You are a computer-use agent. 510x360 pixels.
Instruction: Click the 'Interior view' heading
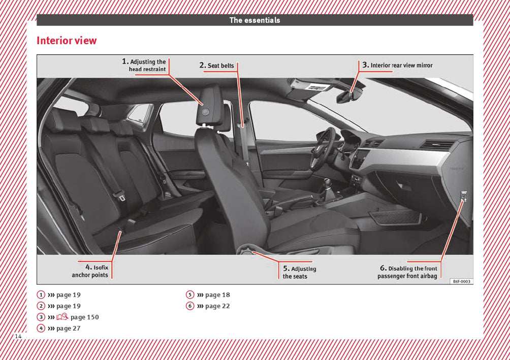tap(67, 41)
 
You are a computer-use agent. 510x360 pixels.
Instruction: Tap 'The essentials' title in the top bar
tap(254, 20)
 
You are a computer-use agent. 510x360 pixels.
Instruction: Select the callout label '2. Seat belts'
tap(216, 66)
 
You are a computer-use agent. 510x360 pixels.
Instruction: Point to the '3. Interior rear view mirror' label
tap(397, 65)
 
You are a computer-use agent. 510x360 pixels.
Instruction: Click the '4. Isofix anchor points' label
tap(90, 271)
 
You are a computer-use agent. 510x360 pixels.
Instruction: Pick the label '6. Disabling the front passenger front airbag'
tap(407, 272)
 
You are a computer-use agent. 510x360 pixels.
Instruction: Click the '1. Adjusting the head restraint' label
tap(144, 65)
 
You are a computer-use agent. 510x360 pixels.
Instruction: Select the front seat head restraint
tap(210, 105)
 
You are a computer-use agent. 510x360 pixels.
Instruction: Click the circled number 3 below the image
tap(41, 317)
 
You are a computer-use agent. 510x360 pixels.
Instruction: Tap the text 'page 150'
tap(84, 317)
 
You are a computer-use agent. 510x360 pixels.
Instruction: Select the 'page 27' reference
tap(68, 329)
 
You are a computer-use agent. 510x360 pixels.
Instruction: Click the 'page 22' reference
tap(217, 306)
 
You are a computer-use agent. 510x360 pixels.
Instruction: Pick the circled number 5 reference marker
tap(190, 294)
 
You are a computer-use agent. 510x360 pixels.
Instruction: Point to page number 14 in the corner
tap(18, 336)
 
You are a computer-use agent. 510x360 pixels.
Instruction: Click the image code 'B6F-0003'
tap(462, 281)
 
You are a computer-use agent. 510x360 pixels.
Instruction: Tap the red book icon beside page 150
tap(62, 316)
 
